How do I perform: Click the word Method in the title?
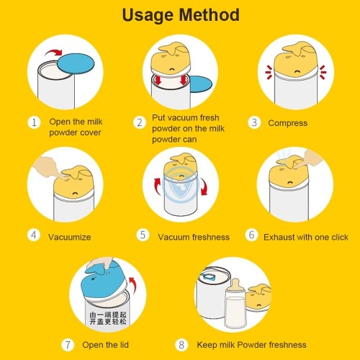tap(210, 15)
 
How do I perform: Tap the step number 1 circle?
tap(34, 122)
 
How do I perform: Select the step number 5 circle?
tap(143, 235)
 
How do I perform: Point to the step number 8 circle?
tap(181, 345)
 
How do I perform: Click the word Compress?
tap(288, 123)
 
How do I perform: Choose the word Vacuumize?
tap(70, 237)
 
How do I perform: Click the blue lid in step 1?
tap(76, 63)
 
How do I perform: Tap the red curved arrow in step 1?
tap(54, 53)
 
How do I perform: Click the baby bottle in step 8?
tap(235, 304)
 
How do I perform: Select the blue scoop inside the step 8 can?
tap(207, 276)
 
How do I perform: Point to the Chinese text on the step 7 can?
tap(108, 318)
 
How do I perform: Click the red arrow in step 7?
tap(132, 285)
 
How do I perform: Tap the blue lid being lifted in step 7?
tap(104, 281)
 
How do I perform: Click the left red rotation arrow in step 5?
tap(158, 186)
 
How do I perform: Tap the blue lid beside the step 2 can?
tap(201, 84)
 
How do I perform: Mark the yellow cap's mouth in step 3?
tap(297, 71)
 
